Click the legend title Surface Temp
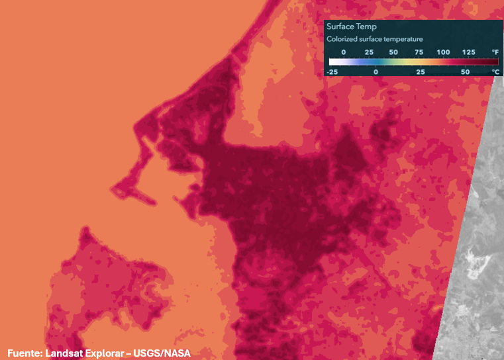[352, 27]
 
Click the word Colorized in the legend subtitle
[342, 39]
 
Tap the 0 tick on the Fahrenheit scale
[343, 52]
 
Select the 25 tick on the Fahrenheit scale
[369, 52]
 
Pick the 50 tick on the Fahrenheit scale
[393, 52]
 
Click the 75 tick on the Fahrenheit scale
[419, 52]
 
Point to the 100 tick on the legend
[443, 52]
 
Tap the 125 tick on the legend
[468, 52]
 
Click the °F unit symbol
[494, 52]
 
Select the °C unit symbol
[494, 71]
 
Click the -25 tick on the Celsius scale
[332, 71]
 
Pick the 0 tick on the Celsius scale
[376, 71]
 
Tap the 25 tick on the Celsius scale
[421, 71]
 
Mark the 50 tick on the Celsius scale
[465, 71]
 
